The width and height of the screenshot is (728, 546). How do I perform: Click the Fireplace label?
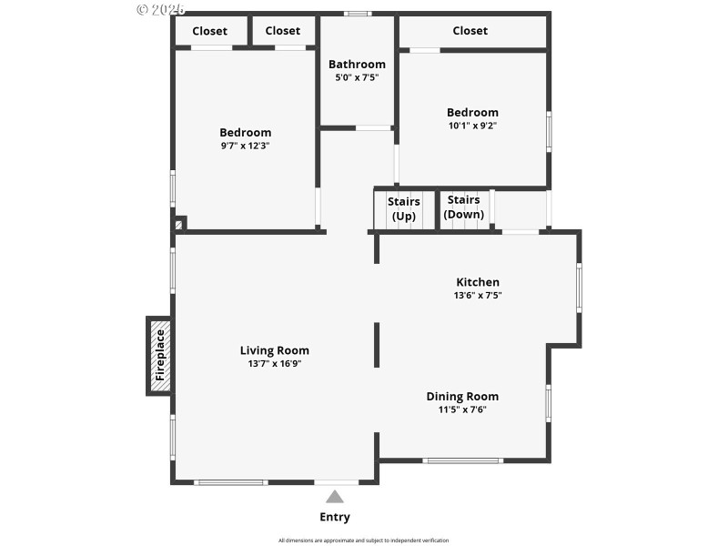click(x=160, y=354)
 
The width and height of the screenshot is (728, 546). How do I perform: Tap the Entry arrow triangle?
click(x=335, y=497)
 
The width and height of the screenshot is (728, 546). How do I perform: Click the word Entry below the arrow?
click(x=335, y=517)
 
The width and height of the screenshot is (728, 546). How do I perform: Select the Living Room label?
click(x=274, y=350)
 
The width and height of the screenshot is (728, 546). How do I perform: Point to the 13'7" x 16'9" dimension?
click(x=274, y=364)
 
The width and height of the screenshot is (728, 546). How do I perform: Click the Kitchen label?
click(x=478, y=282)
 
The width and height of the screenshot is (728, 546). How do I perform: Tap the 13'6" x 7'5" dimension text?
click(x=478, y=295)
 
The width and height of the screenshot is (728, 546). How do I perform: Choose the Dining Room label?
click(x=462, y=396)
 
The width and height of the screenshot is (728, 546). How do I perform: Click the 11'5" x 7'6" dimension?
click(x=462, y=409)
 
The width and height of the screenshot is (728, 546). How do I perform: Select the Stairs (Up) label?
click(x=403, y=208)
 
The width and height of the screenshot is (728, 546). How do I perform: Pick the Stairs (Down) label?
click(x=464, y=207)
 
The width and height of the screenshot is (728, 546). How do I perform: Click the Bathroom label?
click(x=357, y=64)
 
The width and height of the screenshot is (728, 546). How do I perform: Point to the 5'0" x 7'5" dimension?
click(x=357, y=77)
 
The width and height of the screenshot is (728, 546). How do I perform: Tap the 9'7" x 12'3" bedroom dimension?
click(x=245, y=146)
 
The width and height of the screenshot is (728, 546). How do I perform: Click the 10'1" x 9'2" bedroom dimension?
click(x=472, y=126)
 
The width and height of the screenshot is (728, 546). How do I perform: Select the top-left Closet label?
click(x=209, y=31)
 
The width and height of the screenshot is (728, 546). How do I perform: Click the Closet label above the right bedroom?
click(x=470, y=31)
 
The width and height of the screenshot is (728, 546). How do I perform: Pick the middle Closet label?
click(x=282, y=31)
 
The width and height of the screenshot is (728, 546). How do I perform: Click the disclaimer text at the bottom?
click(x=363, y=541)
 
